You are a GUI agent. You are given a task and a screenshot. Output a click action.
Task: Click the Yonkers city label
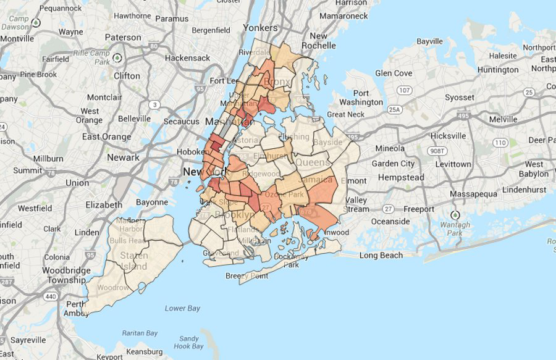click(261, 28)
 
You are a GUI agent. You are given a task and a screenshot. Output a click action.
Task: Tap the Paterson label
click(123, 38)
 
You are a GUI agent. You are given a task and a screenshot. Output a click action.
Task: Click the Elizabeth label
click(104, 205)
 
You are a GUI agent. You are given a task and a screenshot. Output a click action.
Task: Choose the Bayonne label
click(152, 202)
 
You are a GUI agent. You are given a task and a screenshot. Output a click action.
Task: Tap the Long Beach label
click(381, 255)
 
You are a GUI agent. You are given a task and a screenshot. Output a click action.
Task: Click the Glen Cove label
click(394, 73)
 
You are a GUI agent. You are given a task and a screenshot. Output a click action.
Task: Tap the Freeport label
click(419, 209)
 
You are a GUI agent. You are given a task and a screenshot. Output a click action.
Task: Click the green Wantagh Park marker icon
click(455, 216)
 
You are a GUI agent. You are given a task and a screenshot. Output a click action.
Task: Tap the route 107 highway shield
click(405, 91)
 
